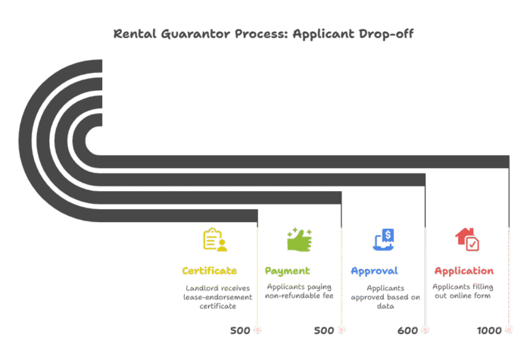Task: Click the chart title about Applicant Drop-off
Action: (263, 34)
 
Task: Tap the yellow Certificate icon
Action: (214, 239)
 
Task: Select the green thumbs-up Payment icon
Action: (298, 239)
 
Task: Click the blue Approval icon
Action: (385, 239)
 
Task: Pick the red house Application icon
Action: (467, 239)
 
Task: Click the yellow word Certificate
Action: (209, 271)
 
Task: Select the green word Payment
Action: (288, 271)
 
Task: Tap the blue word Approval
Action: (374, 271)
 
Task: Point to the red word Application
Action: (464, 271)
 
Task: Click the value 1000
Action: (489, 330)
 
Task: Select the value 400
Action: (407, 330)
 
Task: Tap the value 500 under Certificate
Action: (240, 330)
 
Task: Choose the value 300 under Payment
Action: (323, 330)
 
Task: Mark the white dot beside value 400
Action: (425, 330)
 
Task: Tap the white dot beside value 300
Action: (341, 330)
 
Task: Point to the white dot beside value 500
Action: (257, 330)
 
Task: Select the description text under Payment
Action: (299, 291)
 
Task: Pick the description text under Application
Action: (463, 291)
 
